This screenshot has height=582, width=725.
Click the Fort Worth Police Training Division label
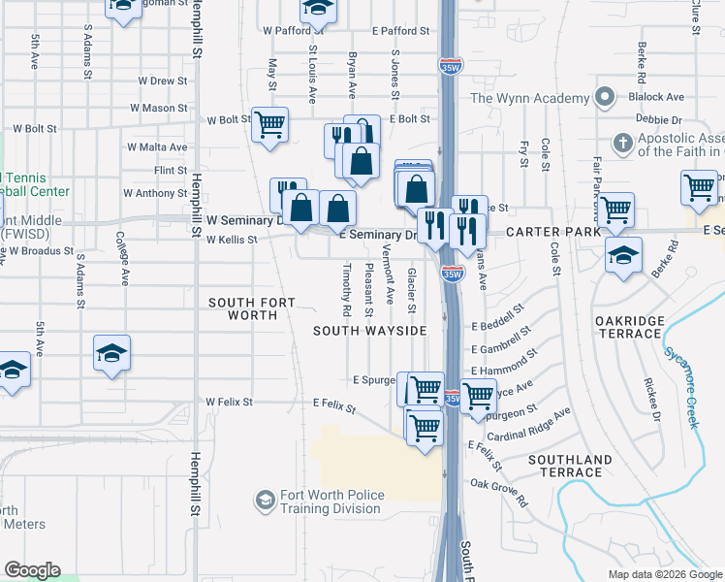pos(331,502)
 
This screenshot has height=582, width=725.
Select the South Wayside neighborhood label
pos(369,331)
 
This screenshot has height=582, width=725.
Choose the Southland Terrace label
pos(571,466)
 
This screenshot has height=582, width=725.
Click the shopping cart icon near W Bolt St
pos(269,124)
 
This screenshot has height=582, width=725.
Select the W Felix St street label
pos(229,402)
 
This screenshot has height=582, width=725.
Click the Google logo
pos(32,570)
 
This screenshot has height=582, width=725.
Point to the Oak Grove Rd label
pos(500,492)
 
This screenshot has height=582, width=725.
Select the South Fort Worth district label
pos(251,308)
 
